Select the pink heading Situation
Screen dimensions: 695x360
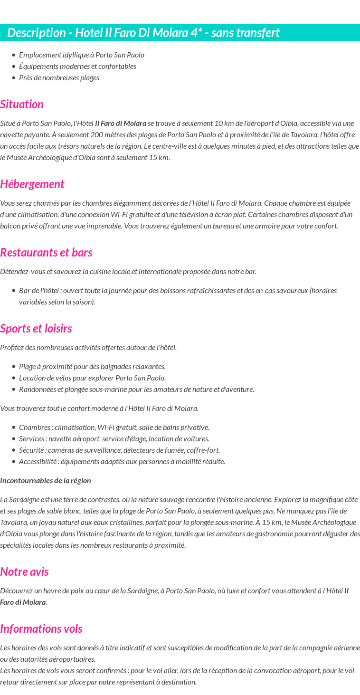click(x=22, y=105)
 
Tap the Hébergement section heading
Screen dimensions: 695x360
click(x=32, y=184)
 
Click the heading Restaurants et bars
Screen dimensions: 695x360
click(x=46, y=253)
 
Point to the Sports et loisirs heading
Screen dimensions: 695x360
click(x=36, y=329)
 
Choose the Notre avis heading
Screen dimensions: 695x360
click(x=24, y=572)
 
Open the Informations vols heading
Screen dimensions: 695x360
click(x=41, y=629)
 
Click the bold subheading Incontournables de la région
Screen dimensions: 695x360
click(x=46, y=481)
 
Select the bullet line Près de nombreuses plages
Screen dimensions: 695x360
click(x=59, y=78)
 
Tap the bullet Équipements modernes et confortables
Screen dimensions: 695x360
click(x=77, y=67)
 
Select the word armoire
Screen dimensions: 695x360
click(x=280, y=226)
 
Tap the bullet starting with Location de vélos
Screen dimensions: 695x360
click(x=92, y=378)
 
